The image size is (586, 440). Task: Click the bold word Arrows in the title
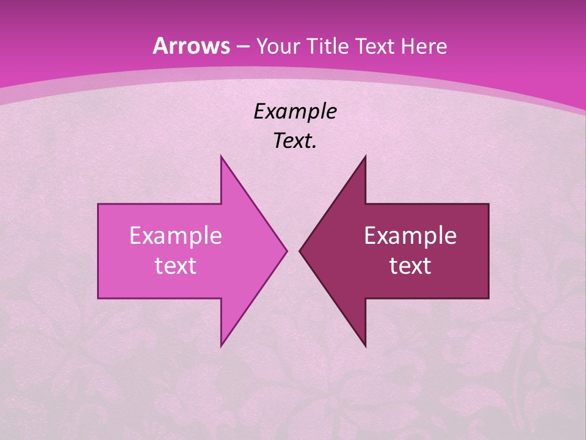point(192,46)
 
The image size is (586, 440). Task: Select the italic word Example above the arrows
point(295,111)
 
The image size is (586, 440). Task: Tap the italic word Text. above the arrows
point(295,141)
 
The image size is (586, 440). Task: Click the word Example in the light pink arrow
point(176,235)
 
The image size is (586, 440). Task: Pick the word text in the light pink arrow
point(176,265)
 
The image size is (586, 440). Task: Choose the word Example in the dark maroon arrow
point(410,235)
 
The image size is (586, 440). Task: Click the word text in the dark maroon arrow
point(410,265)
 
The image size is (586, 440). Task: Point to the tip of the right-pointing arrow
point(286,251)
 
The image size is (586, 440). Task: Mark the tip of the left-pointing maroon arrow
point(300,251)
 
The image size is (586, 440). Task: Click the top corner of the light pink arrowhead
point(221,156)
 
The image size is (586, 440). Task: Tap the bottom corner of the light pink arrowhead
point(221,346)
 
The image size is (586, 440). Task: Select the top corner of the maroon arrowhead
point(365,156)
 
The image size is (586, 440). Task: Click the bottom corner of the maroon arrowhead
point(365,346)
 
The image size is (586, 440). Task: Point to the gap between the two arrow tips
point(293,251)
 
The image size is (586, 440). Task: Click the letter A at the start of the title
point(159,46)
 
